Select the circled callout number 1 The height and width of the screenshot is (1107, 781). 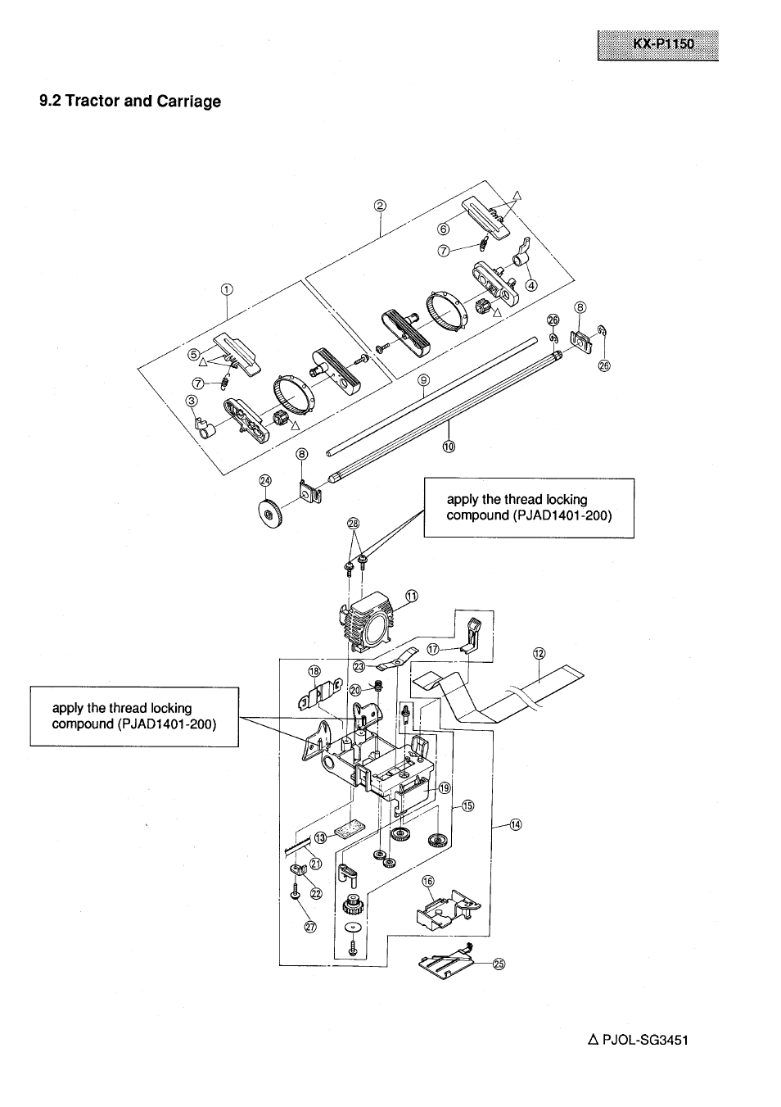(227, 288)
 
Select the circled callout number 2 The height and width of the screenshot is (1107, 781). (379, 206)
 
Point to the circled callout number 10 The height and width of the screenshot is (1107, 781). (449, 446)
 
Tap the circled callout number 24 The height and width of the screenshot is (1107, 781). (264, 480)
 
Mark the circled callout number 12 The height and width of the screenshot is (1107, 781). (539, 653)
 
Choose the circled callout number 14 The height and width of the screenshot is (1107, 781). (516, 824)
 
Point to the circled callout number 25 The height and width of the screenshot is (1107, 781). (499, 964)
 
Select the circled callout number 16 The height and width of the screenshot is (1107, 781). (427, 881)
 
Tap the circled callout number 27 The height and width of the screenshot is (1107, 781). (310, 928)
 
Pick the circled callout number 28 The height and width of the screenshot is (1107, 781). (354, 524)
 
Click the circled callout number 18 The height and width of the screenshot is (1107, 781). (314, 671)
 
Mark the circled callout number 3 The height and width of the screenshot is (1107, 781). (192, 401)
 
